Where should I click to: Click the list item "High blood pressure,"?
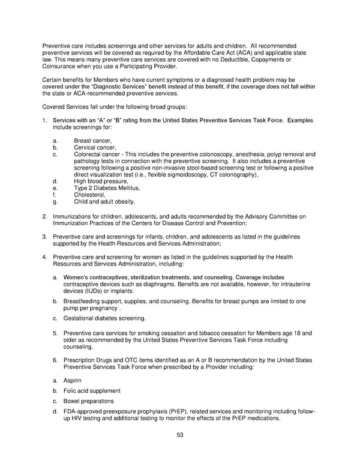tap(101, 181)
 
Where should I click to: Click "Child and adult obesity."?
tap(104, 202)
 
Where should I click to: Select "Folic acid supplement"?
tap(92, 391)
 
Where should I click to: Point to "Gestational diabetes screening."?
tap(104, 318)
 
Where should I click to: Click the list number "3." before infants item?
tap(45, 237)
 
